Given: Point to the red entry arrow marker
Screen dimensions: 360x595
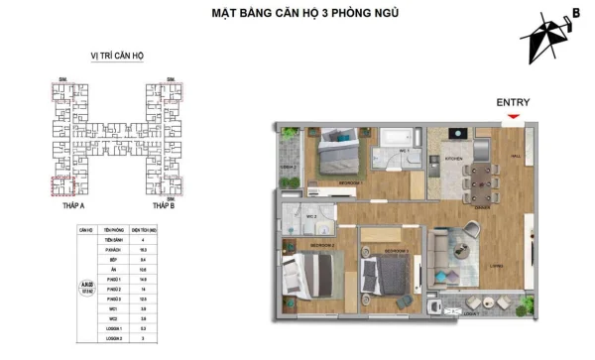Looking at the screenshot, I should click(x=512, y=117).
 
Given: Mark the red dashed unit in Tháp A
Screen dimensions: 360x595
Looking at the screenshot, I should click(x=62, y=185).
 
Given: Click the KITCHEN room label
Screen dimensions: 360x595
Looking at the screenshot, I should click(x=452, y=158).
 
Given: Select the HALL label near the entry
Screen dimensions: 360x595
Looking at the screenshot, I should click(x=514, y=156).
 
